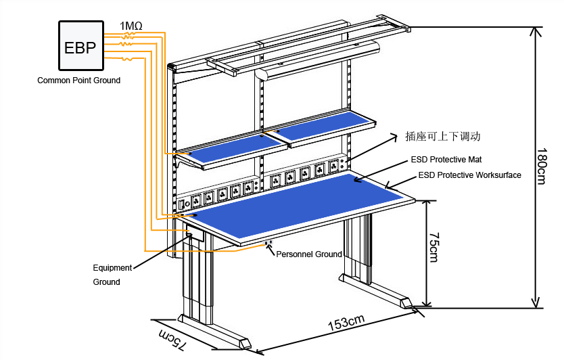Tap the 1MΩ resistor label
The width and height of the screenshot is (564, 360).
click(131, 26)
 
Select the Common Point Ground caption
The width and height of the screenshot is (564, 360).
click(78, 81)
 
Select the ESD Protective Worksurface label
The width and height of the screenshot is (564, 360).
click(469, 175)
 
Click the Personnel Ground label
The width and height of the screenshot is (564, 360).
click(309, 254)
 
